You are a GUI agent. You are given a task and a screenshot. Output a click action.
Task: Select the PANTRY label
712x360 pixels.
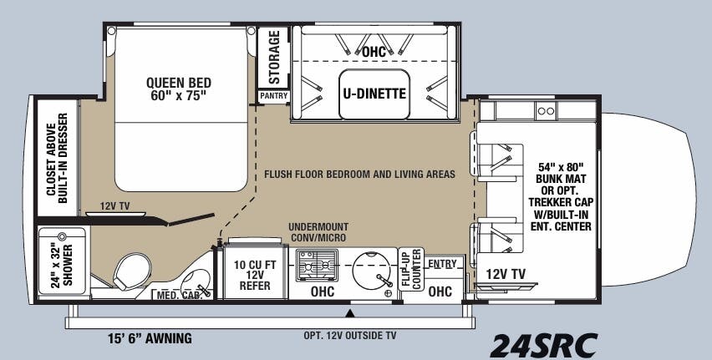[x=273, y=96]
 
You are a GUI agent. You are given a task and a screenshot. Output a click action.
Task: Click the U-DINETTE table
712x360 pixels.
[x=374, y=94]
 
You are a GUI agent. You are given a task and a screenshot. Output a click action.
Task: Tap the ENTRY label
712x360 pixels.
[x=442, y=264]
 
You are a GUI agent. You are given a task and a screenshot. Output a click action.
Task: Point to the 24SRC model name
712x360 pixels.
[x=543, y=342]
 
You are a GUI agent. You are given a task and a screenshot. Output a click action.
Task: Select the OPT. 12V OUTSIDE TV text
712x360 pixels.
[x=349, y=336]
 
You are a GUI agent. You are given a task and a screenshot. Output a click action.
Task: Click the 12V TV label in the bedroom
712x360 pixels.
[x=114, y=205]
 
